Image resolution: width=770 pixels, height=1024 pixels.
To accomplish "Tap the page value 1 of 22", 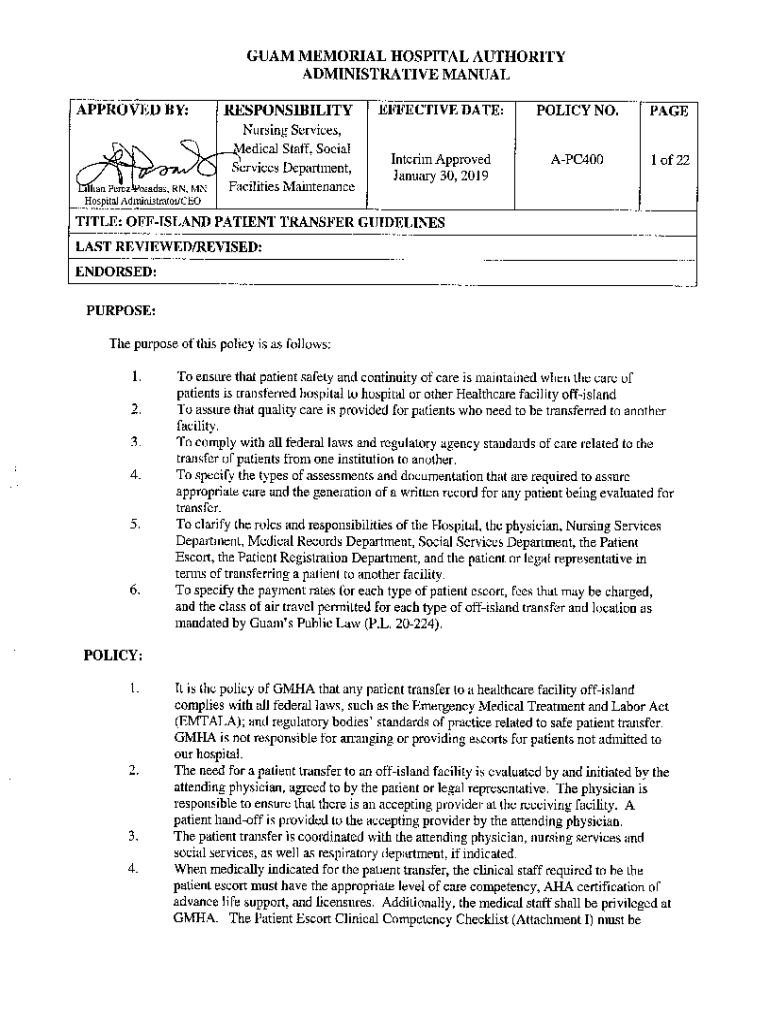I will click(669, 159).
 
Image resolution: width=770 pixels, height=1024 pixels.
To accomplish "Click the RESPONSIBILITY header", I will click(289, 111).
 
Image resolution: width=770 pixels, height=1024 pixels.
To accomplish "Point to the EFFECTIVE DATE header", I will click(441, 110).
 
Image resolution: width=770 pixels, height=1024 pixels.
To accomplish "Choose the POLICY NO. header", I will click(577, 111).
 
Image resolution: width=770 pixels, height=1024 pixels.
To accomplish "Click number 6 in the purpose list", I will click(133, 591).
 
